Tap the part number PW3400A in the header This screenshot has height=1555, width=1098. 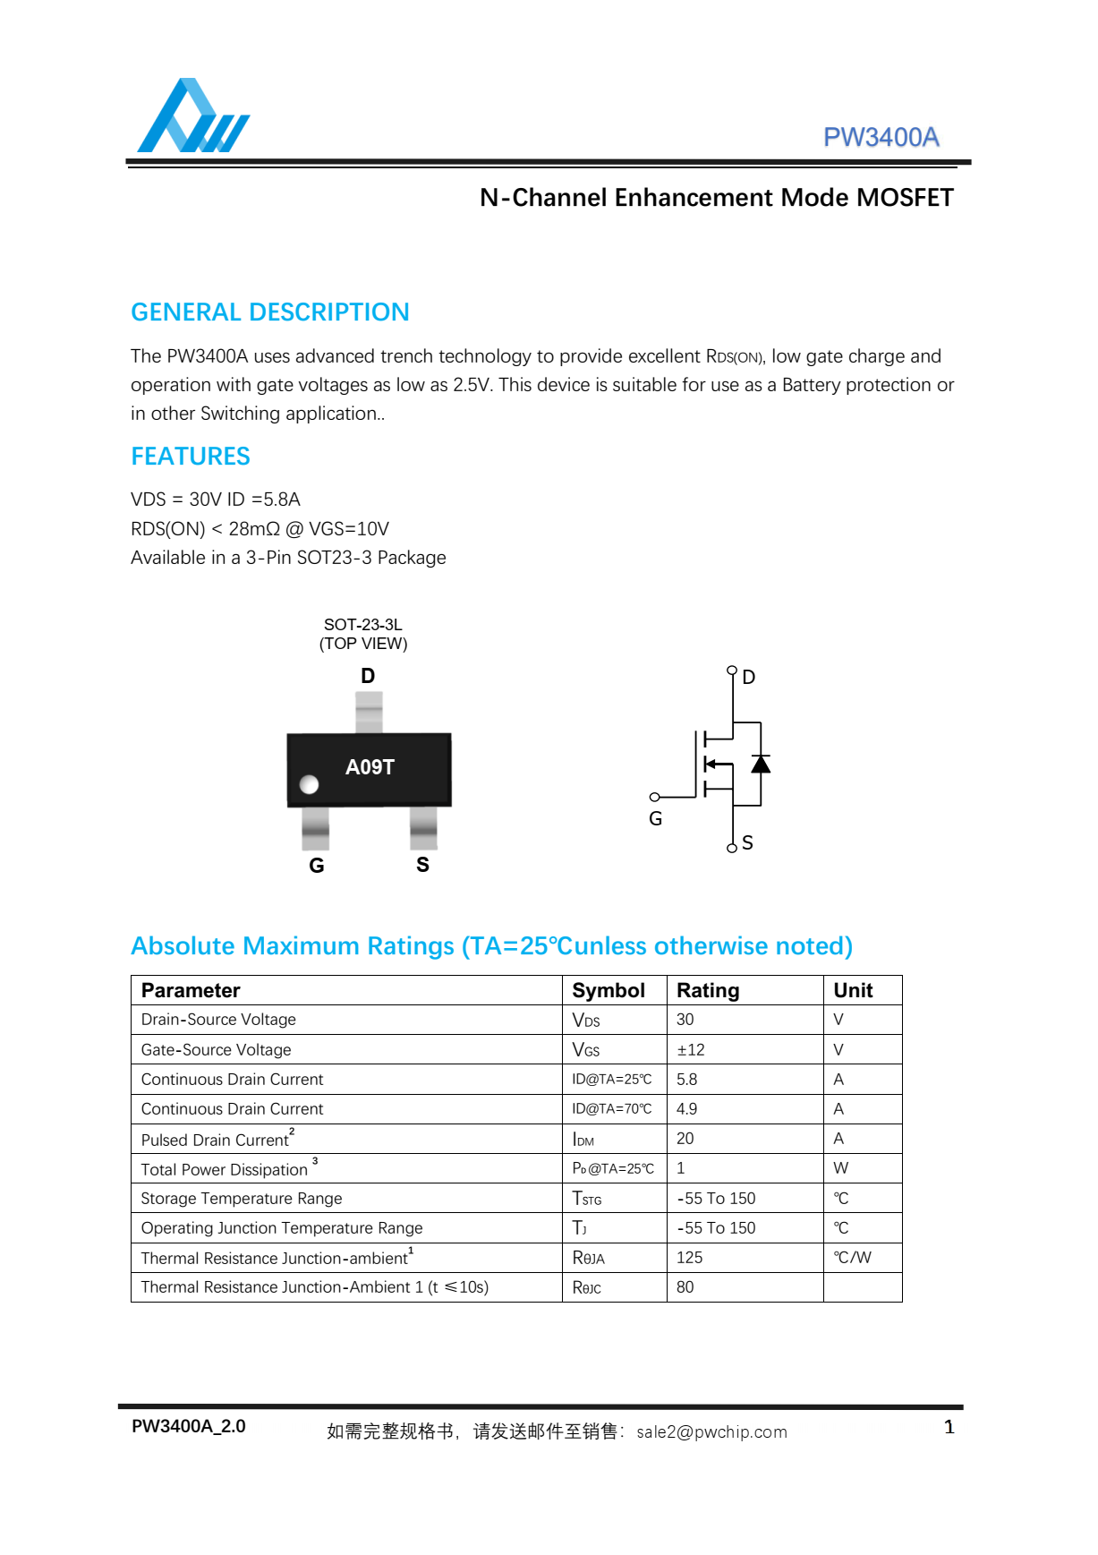(x=881, y=137)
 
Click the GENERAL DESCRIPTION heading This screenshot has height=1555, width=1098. (x=269, y=312)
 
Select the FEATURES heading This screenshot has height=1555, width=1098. (x=191, y=457)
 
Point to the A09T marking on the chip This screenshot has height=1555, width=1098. (x=370, y=767)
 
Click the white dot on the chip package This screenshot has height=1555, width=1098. (x=310, y=784)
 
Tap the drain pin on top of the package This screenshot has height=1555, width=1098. (x=369, y=712)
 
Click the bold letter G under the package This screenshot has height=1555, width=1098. (x=317, y=866)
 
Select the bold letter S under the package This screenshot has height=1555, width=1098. (x=422, y=865)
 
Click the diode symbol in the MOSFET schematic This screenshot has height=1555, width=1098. (x=761, y=764)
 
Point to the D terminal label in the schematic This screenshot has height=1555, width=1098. (x=749, y=678)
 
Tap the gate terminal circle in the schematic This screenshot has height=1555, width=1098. (x=655, y=797)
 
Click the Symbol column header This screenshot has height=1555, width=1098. (x=609, y=990)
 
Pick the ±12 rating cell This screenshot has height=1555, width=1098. (x=690, y=1049)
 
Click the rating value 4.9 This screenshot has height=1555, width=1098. (x=686, y=1109)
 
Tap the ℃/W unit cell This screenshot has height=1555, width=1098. (x=852, y=1257)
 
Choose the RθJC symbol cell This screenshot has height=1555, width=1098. (x=587, y=1287)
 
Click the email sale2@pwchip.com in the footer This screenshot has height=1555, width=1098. (x=711, y=1431)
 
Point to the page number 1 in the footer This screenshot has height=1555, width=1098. (x=949, y=1427)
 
